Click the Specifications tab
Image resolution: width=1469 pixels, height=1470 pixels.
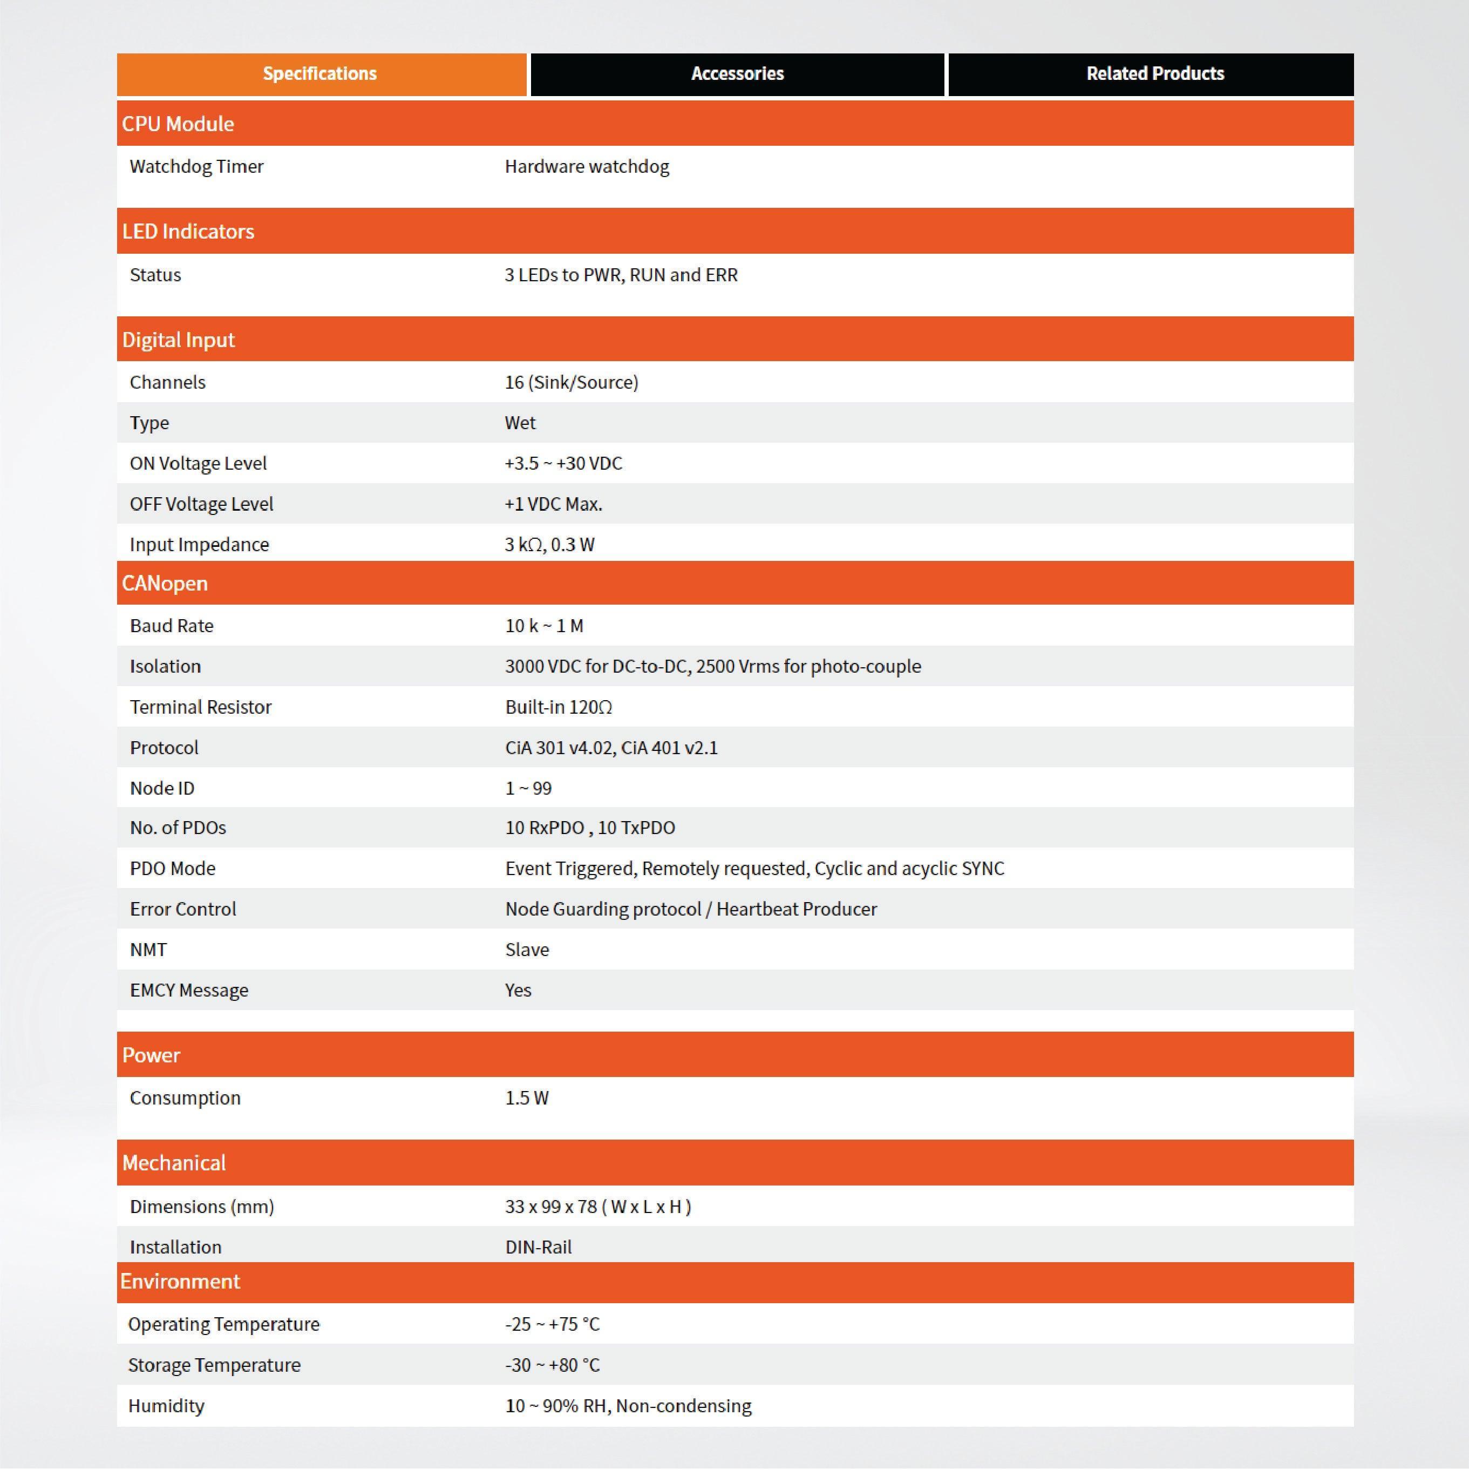tap(320, 74)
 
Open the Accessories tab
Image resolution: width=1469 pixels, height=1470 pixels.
tap(737, 74)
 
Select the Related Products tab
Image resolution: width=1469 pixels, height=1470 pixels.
tap(1155, 74)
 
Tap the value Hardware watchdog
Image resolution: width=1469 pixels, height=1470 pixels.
tap(587, 167)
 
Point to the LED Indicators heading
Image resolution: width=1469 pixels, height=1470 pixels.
tap(188, 231)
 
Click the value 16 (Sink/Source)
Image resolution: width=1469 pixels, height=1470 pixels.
tap(572, 382)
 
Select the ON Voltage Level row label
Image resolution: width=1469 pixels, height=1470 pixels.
tap(198, 463)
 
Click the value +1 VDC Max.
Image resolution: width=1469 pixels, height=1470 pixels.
tap(553, 504)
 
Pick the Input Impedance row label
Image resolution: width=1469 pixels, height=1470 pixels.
tap(199, 545)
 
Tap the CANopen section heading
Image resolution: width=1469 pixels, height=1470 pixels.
tap(165, 584)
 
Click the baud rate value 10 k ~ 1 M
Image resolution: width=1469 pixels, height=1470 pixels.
tap(544, 626)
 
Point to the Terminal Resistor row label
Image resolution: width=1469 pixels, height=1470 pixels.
tap(200, 707)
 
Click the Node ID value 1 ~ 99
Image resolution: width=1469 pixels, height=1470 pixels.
tap(528, 788)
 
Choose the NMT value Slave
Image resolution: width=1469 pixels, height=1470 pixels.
tap(526, 950)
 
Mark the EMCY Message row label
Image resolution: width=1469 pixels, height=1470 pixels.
tap(189, 990)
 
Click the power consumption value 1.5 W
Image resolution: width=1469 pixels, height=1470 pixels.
tap(526, 1098)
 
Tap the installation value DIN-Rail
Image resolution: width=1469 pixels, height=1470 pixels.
tap(538, 1247)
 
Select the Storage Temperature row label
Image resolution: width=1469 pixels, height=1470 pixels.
tap(214, 1365)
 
